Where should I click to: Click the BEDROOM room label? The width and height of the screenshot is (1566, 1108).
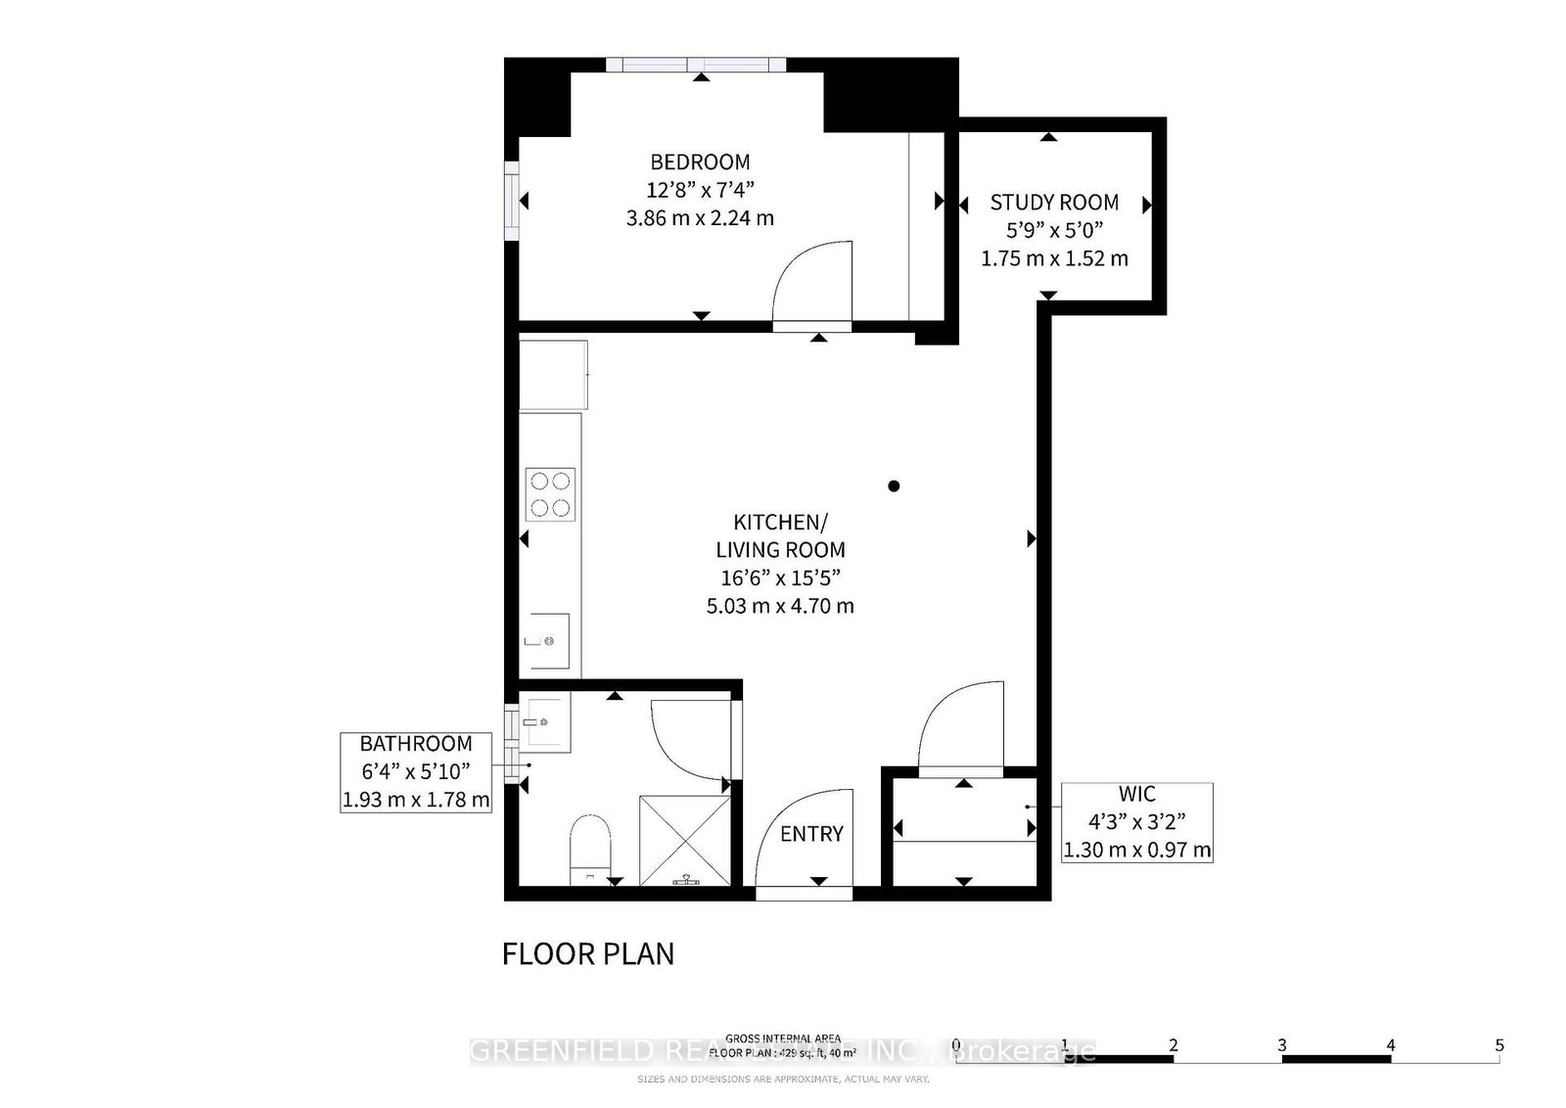700,162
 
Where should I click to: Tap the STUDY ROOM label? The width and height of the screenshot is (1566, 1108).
1054,203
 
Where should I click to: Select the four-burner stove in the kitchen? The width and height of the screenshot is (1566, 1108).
550,494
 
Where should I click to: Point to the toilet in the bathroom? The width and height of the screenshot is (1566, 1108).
590,844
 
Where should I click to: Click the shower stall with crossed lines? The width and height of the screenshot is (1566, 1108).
685,840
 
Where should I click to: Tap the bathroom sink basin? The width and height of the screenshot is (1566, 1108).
541,722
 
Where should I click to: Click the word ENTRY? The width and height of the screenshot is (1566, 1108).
811,834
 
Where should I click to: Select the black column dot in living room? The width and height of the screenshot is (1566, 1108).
894,485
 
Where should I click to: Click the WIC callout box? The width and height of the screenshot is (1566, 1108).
1136,822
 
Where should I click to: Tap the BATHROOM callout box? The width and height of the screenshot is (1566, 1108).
416,771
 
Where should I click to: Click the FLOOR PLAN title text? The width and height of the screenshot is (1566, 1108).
588,953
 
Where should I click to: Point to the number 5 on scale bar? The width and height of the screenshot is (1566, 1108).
1498,1045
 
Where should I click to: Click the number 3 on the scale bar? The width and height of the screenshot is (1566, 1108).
1281,1045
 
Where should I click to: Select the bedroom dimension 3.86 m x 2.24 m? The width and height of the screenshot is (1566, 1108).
700,217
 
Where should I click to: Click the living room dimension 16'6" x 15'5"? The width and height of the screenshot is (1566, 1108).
781,577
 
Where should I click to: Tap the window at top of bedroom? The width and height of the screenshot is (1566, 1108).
696,66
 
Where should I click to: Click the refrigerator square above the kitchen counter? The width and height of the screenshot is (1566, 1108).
553,375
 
